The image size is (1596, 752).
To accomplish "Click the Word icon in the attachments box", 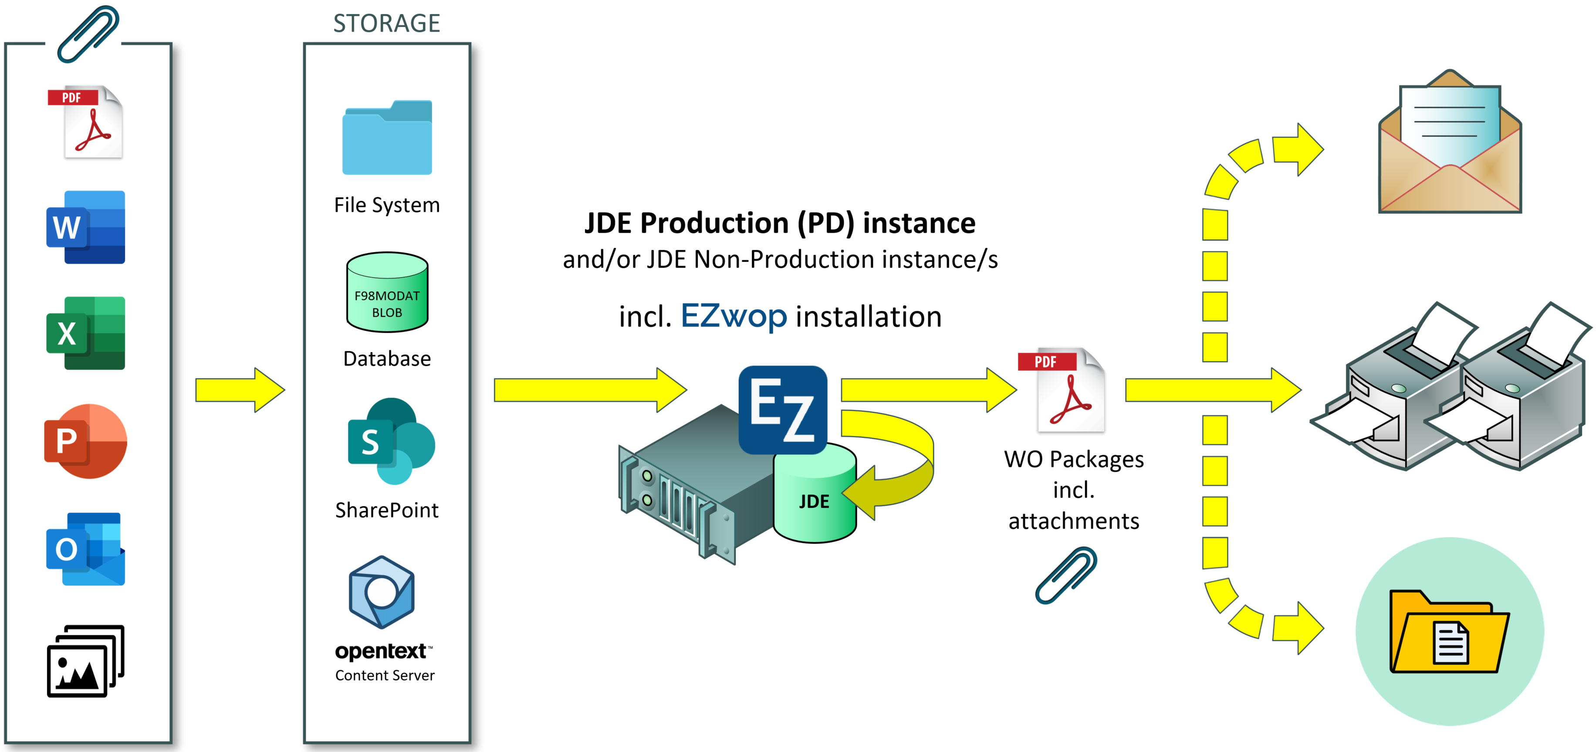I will pos(85,227).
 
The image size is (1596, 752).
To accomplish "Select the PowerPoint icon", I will pos(85,441).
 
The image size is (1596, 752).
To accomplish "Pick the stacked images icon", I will pos(85,661).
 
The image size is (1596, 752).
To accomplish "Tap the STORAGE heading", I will pos(387,24).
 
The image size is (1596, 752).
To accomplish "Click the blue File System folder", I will pos(387,138).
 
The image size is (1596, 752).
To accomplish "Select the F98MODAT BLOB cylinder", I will pos(387,293).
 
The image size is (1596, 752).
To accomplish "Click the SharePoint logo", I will pos(390,441).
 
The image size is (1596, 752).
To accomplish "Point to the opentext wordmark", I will pos(380,651).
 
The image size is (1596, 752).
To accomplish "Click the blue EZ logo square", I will pos(782,409).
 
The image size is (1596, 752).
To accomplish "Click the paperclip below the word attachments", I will pos(1065,575).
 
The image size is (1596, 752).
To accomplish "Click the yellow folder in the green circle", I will pos(1448,632).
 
